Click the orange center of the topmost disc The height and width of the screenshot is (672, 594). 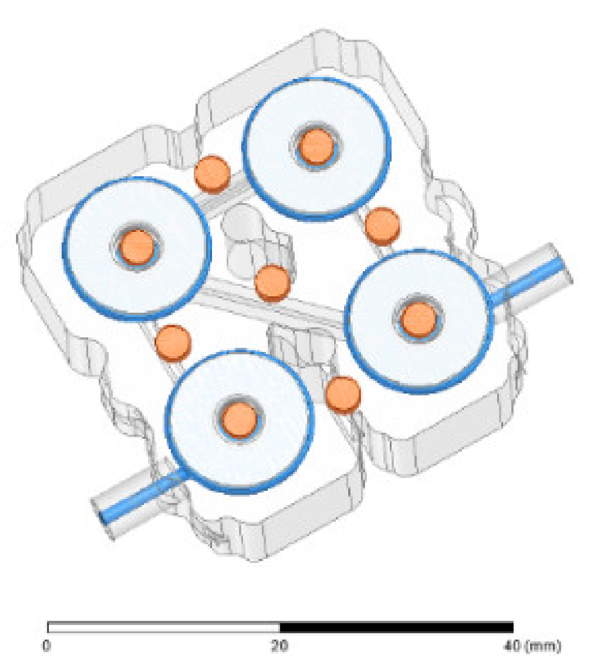(x=316, y=147)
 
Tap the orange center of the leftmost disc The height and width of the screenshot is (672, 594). (x=137, y=247)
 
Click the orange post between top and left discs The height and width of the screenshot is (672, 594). (x=212, y=174)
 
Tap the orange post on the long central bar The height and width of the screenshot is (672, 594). (x=272, y=283)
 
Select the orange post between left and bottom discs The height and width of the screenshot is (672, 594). (x=173, y=343)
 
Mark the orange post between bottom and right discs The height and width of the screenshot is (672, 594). (x=343, y=394)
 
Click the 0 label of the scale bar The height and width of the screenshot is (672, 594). (x=47, y=646)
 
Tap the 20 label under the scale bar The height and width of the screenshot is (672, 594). (x=280, y=646)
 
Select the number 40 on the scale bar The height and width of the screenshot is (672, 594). (x=513, y=646)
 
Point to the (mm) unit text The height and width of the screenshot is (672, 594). (x=543, y=646)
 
